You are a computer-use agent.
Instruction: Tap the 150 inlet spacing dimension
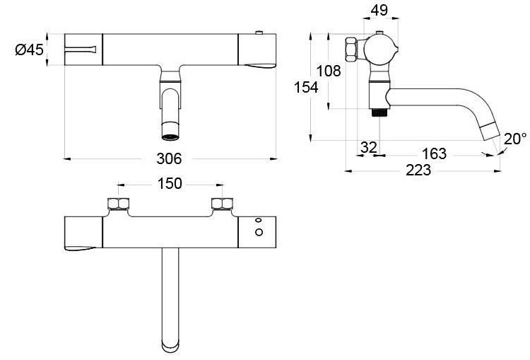(170, 184)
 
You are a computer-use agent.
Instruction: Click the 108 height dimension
(329, 71)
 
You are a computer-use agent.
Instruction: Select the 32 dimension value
(368, 147)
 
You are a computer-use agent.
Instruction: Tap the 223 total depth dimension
(421, 170)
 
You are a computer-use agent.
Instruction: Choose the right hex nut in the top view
(222, 206)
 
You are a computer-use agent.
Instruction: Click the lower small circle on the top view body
(259, 233)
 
